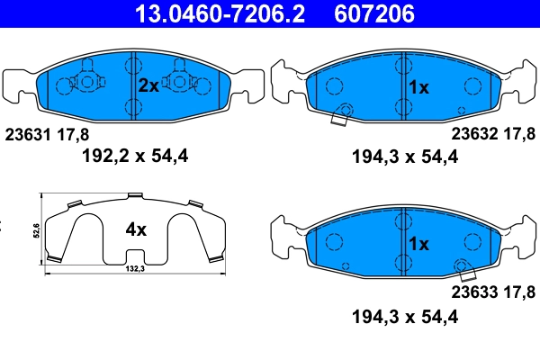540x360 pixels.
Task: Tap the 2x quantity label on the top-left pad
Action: click(148, 86)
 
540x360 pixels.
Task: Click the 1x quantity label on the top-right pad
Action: click(419, 88)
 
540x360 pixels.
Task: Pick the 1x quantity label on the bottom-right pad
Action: click(419, 244)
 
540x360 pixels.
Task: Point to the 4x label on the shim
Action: click(135, 229)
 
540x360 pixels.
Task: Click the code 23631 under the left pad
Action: click(29, 134)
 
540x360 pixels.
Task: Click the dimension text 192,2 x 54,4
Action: click(135, 157)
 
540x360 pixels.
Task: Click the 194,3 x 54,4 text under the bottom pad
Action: click(404, 316)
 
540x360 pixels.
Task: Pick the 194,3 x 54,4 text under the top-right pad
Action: click(404, 157)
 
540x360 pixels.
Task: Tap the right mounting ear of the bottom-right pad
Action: click(519, 238)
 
